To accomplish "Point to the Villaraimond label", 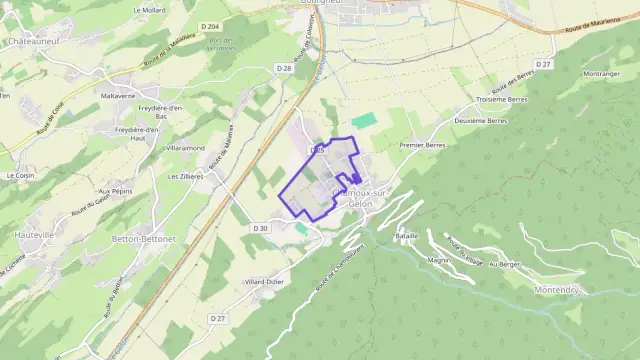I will pos(184,147).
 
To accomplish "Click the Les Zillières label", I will pos(185,175).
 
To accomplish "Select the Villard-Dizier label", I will pos(264,282).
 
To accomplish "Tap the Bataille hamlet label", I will pos(406,235).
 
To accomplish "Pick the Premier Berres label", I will pos(421,145).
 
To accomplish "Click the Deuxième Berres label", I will pos(481,120).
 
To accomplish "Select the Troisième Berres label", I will pos(501,100).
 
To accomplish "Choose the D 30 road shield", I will pos(260,228).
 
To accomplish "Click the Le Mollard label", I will pos(148,8).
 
